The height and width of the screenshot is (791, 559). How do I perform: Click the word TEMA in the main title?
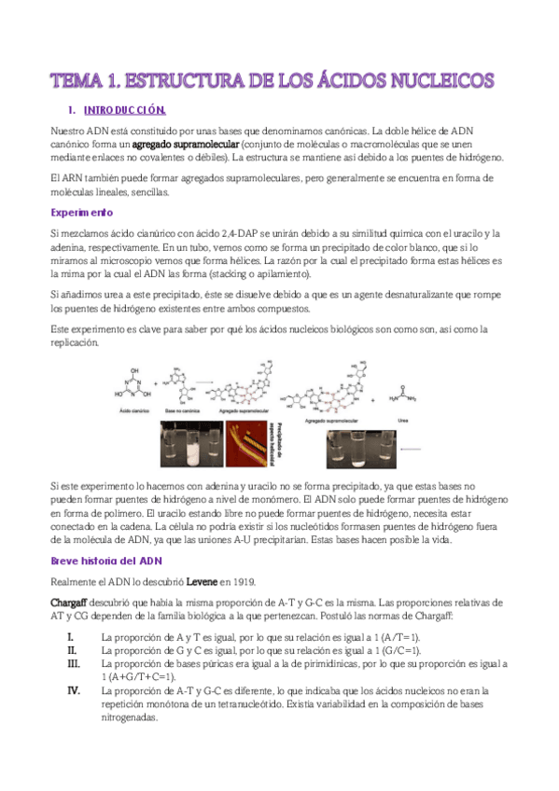77,79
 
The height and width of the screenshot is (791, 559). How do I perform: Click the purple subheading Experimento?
83,213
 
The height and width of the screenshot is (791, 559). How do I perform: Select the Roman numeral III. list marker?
74,663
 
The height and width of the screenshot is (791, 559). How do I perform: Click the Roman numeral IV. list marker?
74,691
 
